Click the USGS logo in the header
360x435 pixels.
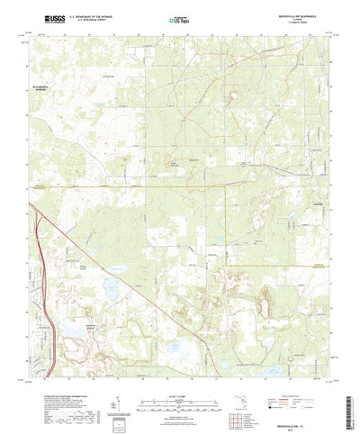tap(45, 17)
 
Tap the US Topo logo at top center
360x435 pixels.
tap(180, 17)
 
